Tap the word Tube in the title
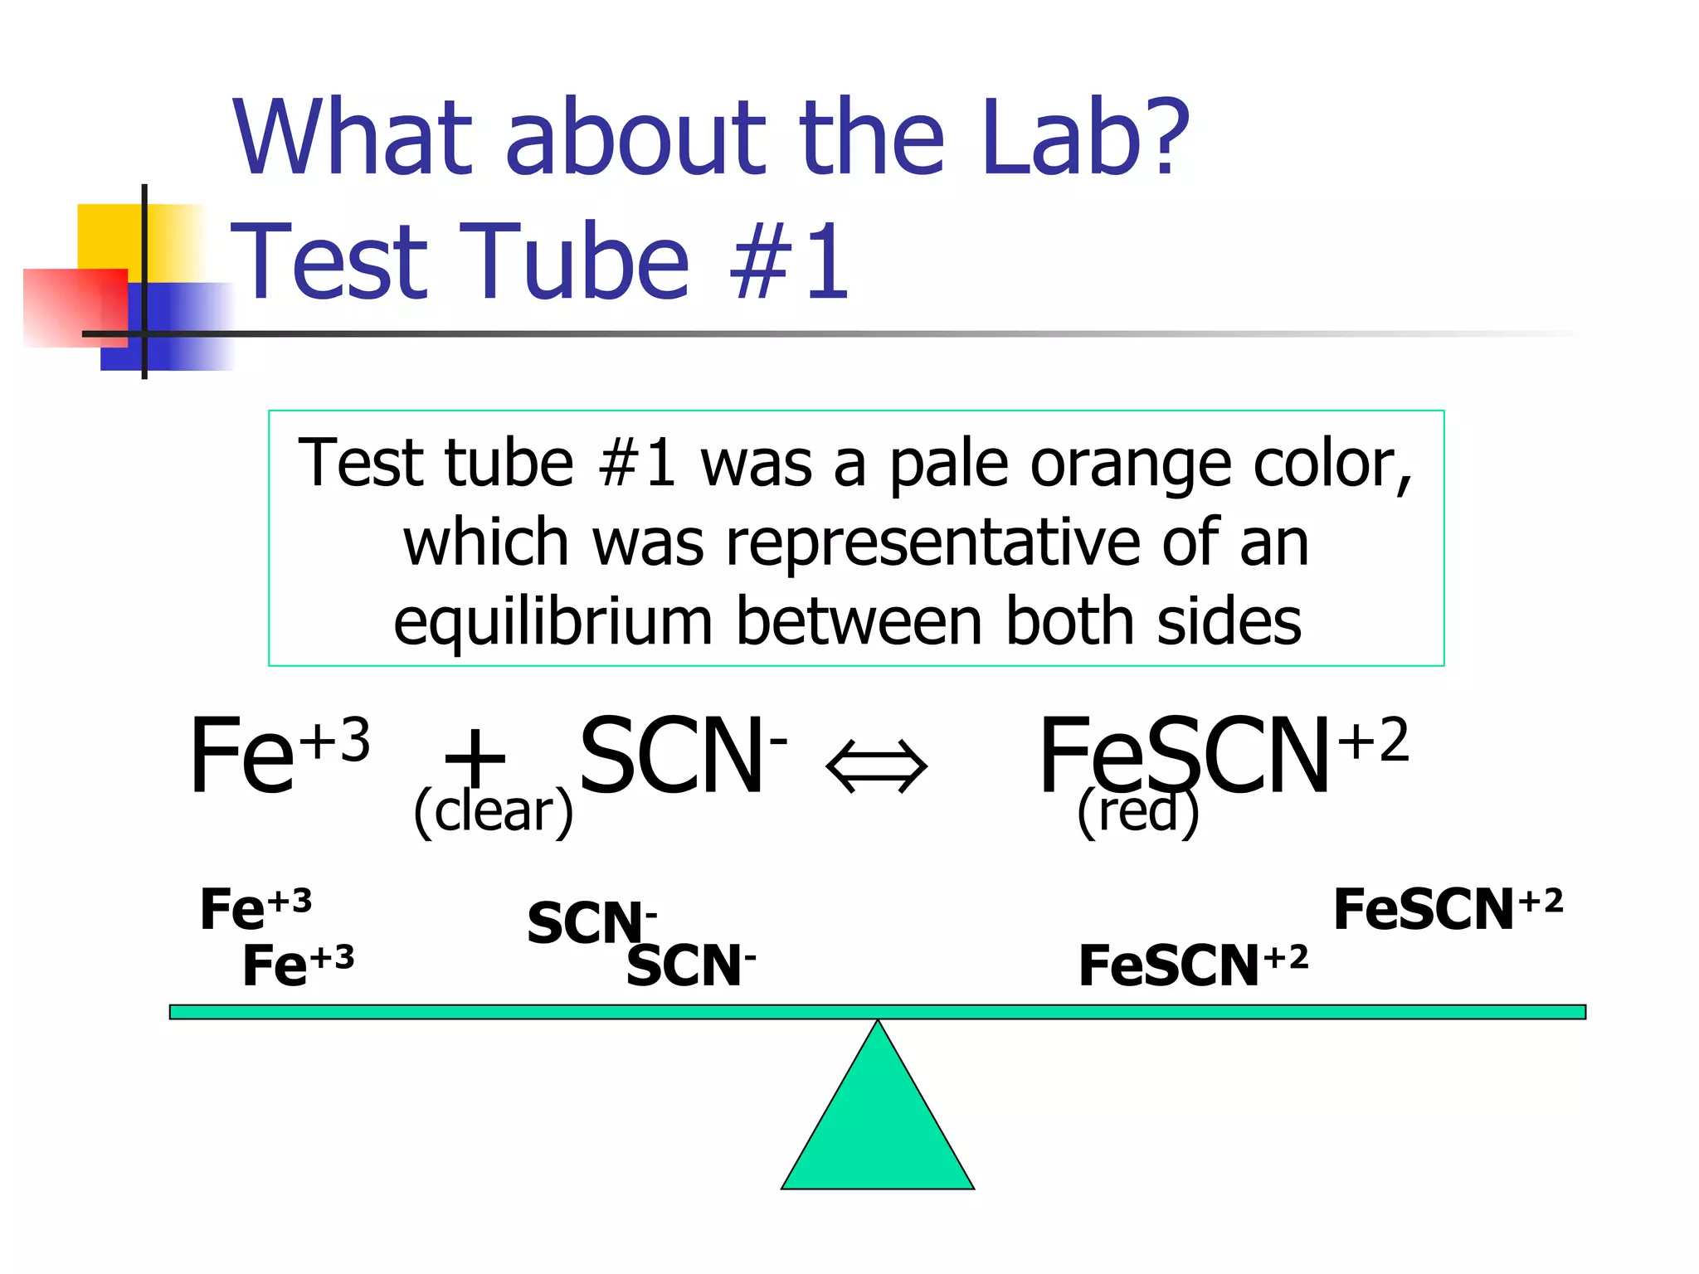pyautogui.click(x=572, y=261)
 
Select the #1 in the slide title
pyautogui.click(x=789, y=261)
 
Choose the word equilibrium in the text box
pyautogui.click(x=553, y=622)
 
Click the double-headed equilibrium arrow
pyautogui.click(x=877, y=766)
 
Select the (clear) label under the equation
pyautogui.click(x=494, y=811)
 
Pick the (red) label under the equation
pyautogui.click(x=1137, y=811)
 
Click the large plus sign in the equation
pyautogui.click(x=475, y=756)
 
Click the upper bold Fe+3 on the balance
pyautogui.click(x=256, y=908)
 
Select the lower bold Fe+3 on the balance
pyautogui.click(x=298, y=965)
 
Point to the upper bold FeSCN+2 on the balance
pyautogui.click(x=1448, y=908)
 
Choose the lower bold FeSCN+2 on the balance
pyautogui.click(x=1193, y=965)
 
